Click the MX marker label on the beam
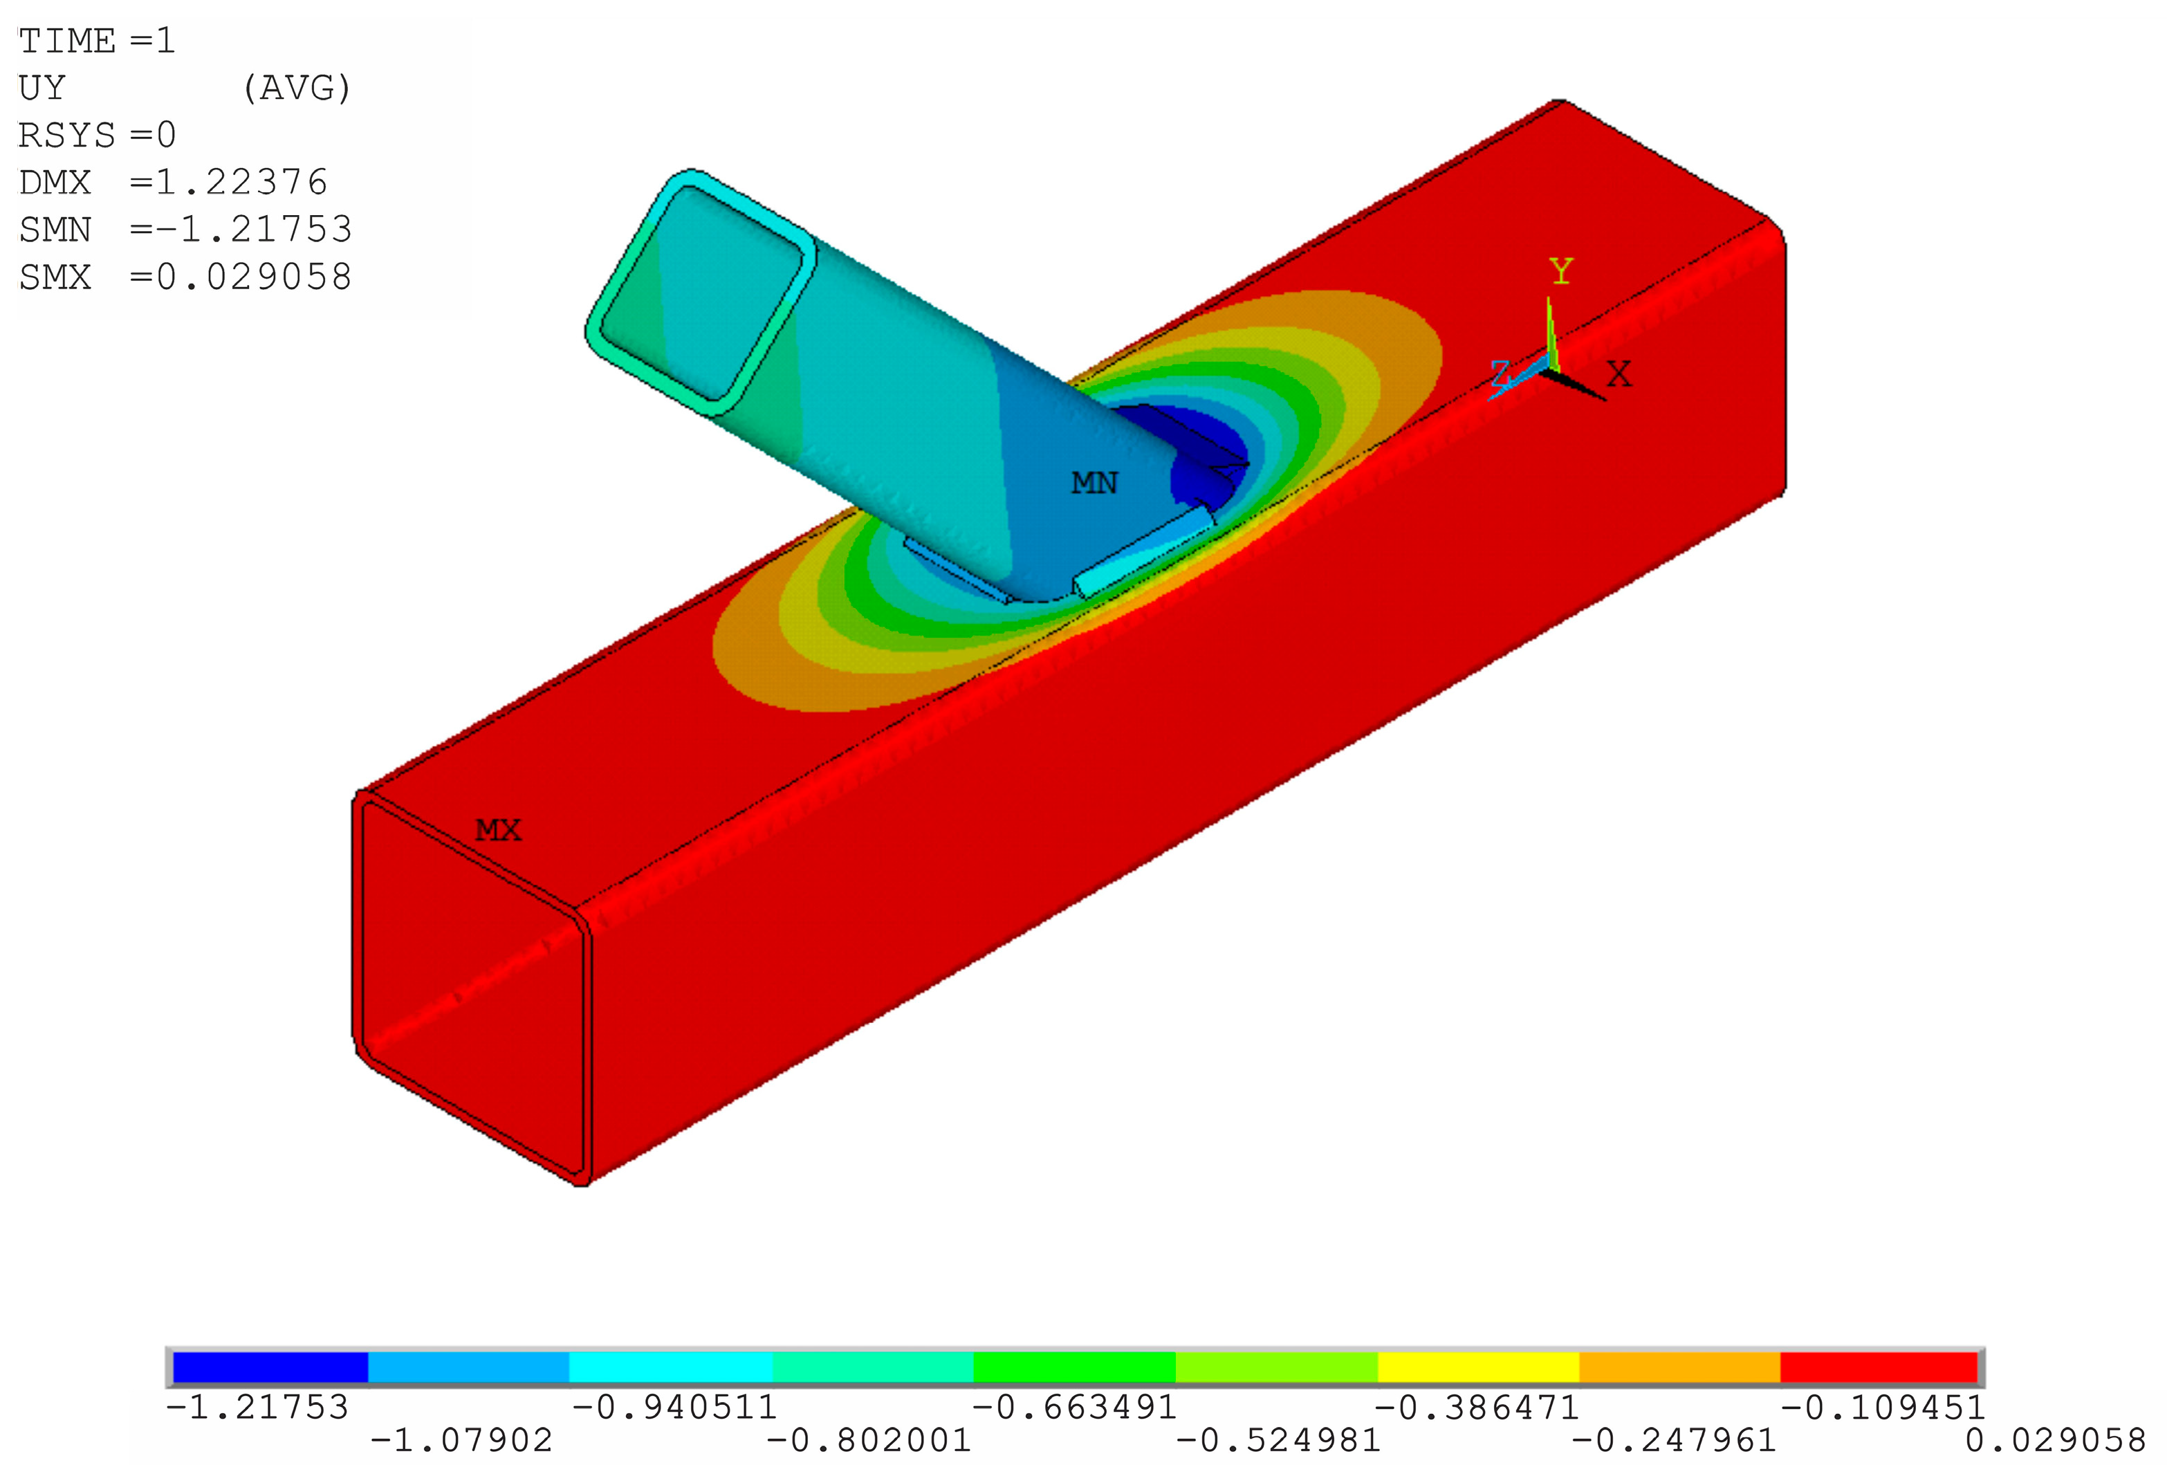point(498,830)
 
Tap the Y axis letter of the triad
point(1561,271)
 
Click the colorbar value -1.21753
point(257,1407)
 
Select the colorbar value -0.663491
point(1074,1407)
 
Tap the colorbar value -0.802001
point(868,1440)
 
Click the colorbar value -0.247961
point(1674,1440)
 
